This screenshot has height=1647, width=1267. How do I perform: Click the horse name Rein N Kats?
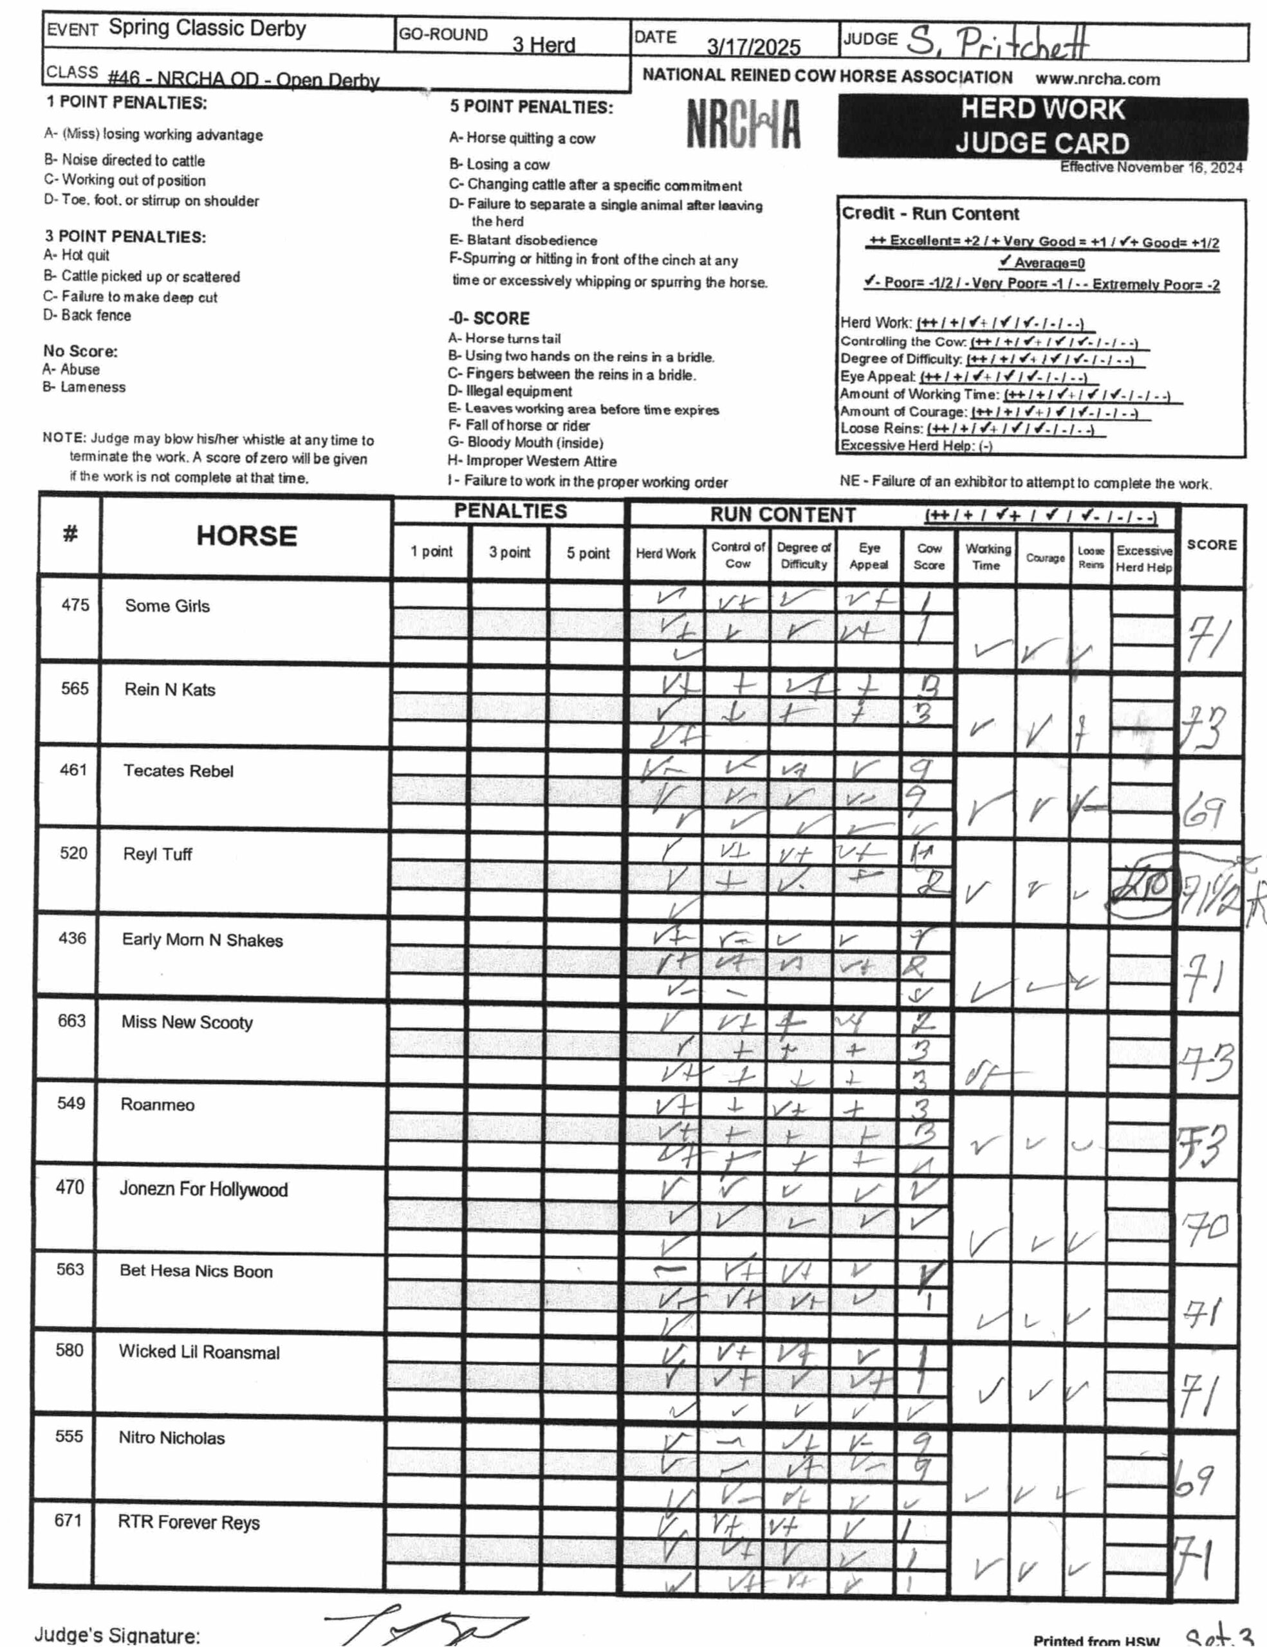coord(170,690)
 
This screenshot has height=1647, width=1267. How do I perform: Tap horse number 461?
coord(73,770)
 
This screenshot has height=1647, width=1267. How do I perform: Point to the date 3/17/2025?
coord(754,47)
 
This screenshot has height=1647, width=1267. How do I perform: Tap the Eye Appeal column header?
coord(868,557)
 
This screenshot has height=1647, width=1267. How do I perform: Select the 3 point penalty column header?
coord(509,552)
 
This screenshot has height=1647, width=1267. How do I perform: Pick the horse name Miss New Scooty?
coord(187,1022)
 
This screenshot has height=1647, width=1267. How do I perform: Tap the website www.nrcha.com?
coord(1097,79)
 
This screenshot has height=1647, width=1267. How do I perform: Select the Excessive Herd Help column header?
coord(1143,559)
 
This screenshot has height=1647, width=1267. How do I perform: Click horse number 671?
coord(68,1520)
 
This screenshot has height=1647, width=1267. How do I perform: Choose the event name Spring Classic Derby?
coord(207,29)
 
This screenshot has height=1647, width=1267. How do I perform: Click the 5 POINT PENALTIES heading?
coord(532,107)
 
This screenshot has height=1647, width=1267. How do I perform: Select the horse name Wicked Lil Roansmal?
coord(199,1352)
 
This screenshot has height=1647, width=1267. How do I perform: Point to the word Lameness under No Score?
coord(93,387)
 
